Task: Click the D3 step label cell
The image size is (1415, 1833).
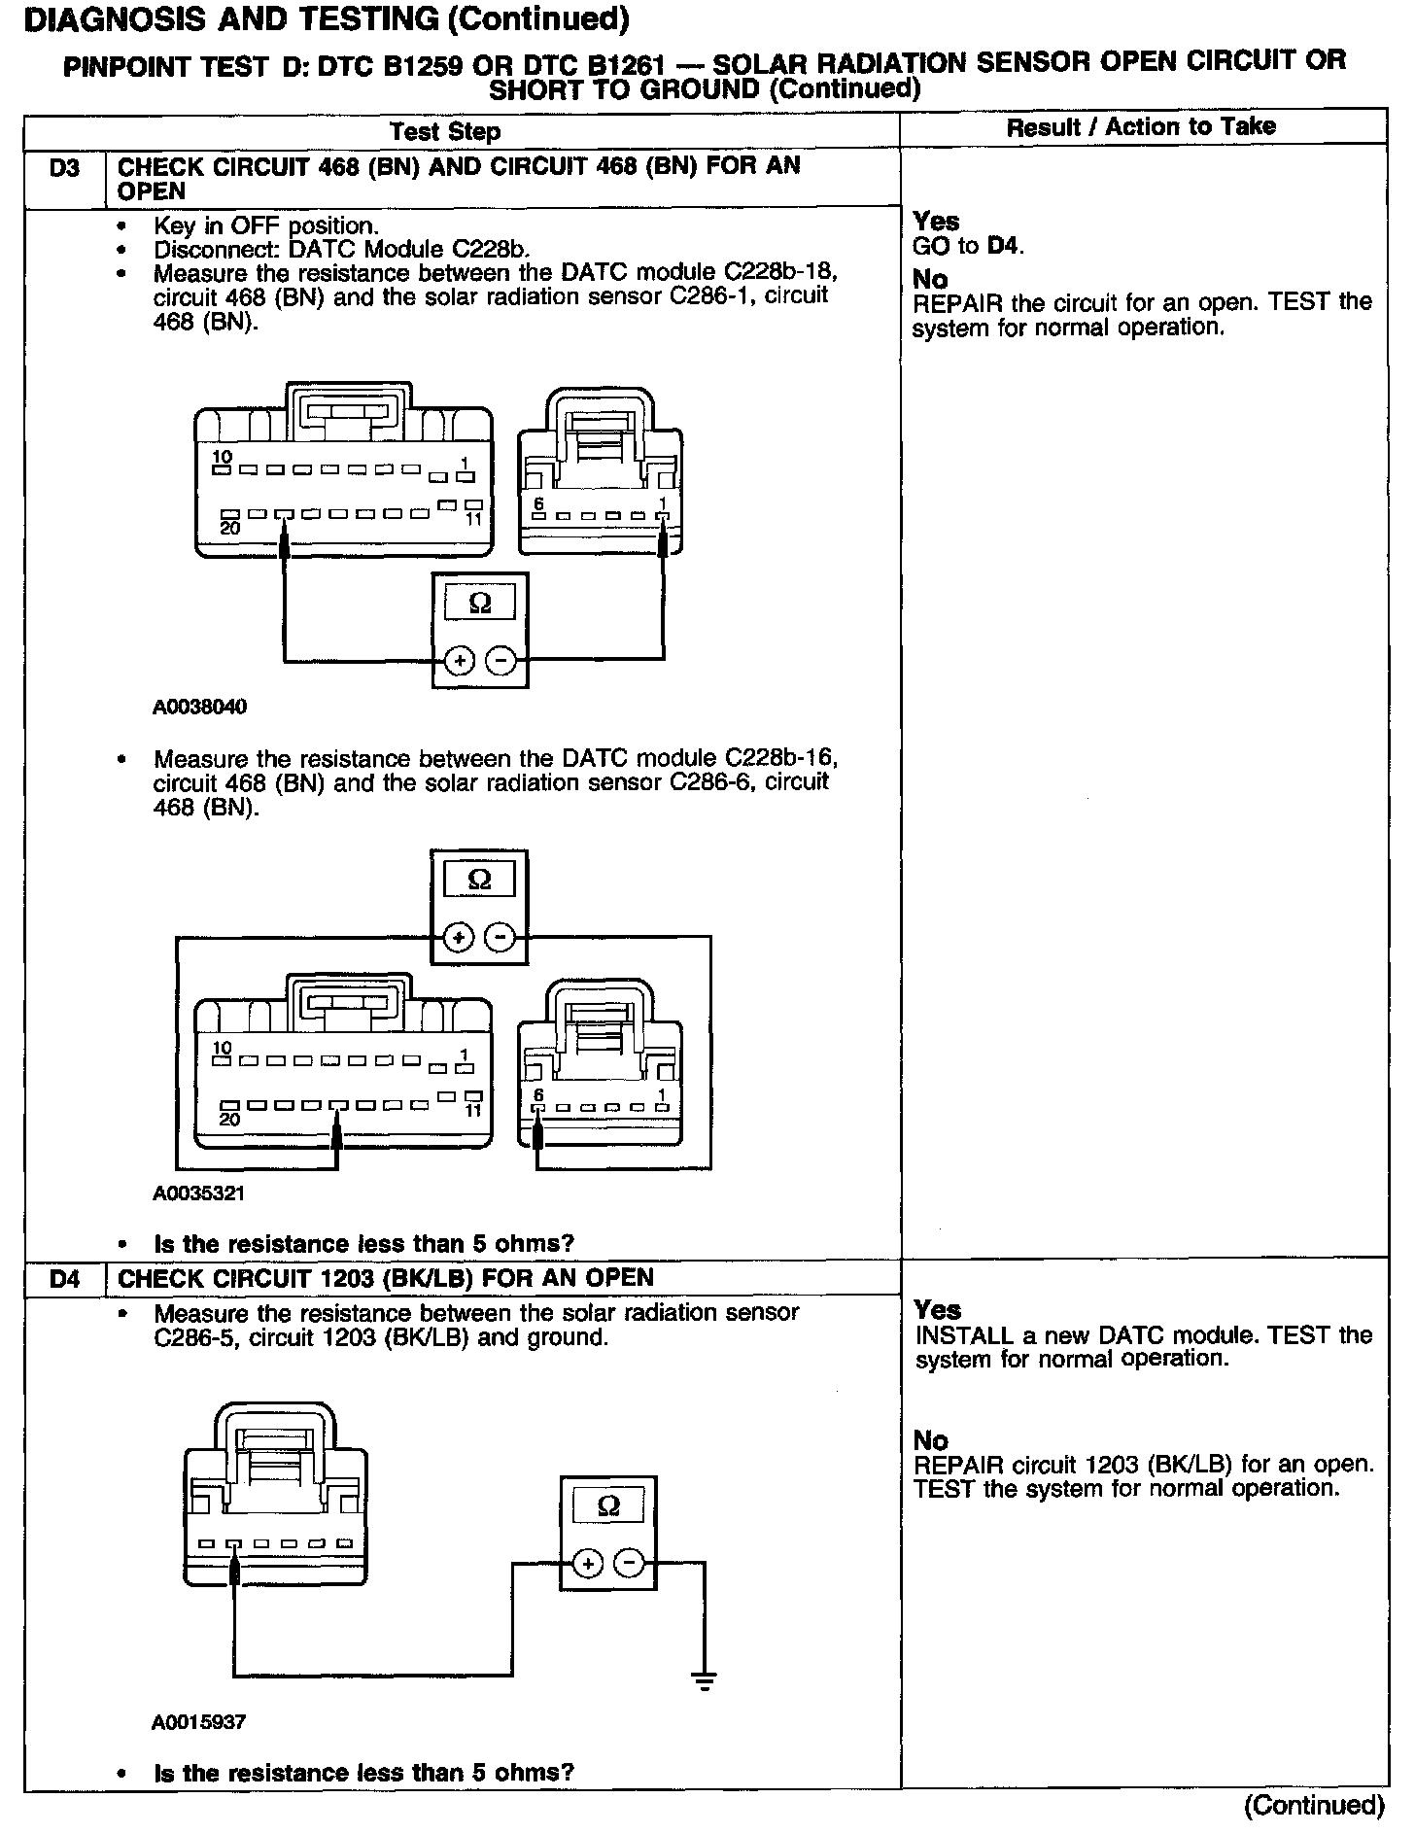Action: pos(64,167)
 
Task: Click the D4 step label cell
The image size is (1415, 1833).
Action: pos(64,1279)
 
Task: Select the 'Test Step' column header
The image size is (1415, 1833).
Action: pos(445,131)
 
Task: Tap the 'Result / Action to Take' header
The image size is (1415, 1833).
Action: pos(1141,126)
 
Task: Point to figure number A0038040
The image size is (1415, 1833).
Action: pos(199,708)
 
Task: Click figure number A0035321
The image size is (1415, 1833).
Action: pos(198,1193)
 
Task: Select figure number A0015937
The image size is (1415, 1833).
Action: pos(199,1721)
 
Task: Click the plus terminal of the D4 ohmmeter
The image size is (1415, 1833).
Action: pos(587,1564)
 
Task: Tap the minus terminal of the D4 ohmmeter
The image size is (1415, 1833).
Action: pos(629,1564)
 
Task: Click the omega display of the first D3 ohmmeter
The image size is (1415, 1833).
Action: pos(480,604)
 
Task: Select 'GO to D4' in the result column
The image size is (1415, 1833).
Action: pos(969,247)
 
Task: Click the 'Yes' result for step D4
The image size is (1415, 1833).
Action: pos(937,1309)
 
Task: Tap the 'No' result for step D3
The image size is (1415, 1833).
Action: pos(930,280)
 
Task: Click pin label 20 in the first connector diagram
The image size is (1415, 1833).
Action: pos(229,528)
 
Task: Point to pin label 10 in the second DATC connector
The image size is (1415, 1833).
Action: pos(223,1048)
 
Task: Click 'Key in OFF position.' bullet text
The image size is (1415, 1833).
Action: pos(266,226)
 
